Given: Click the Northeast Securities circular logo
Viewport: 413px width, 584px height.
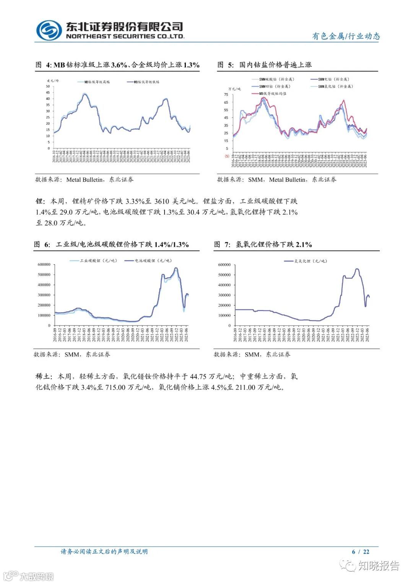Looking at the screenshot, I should click(49, 30).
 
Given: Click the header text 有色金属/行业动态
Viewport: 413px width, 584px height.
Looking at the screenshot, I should click(346, 36).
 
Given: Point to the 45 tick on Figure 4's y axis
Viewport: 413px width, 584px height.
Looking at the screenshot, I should click(48, 93).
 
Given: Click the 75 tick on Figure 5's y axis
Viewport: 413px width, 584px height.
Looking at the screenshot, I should click(226, 94).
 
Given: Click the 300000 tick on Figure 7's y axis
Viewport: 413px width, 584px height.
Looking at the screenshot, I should click(224, 295).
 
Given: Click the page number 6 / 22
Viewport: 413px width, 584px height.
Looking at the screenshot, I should click(361, 551).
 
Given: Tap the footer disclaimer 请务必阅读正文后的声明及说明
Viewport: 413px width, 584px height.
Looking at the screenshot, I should click(104, 551).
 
